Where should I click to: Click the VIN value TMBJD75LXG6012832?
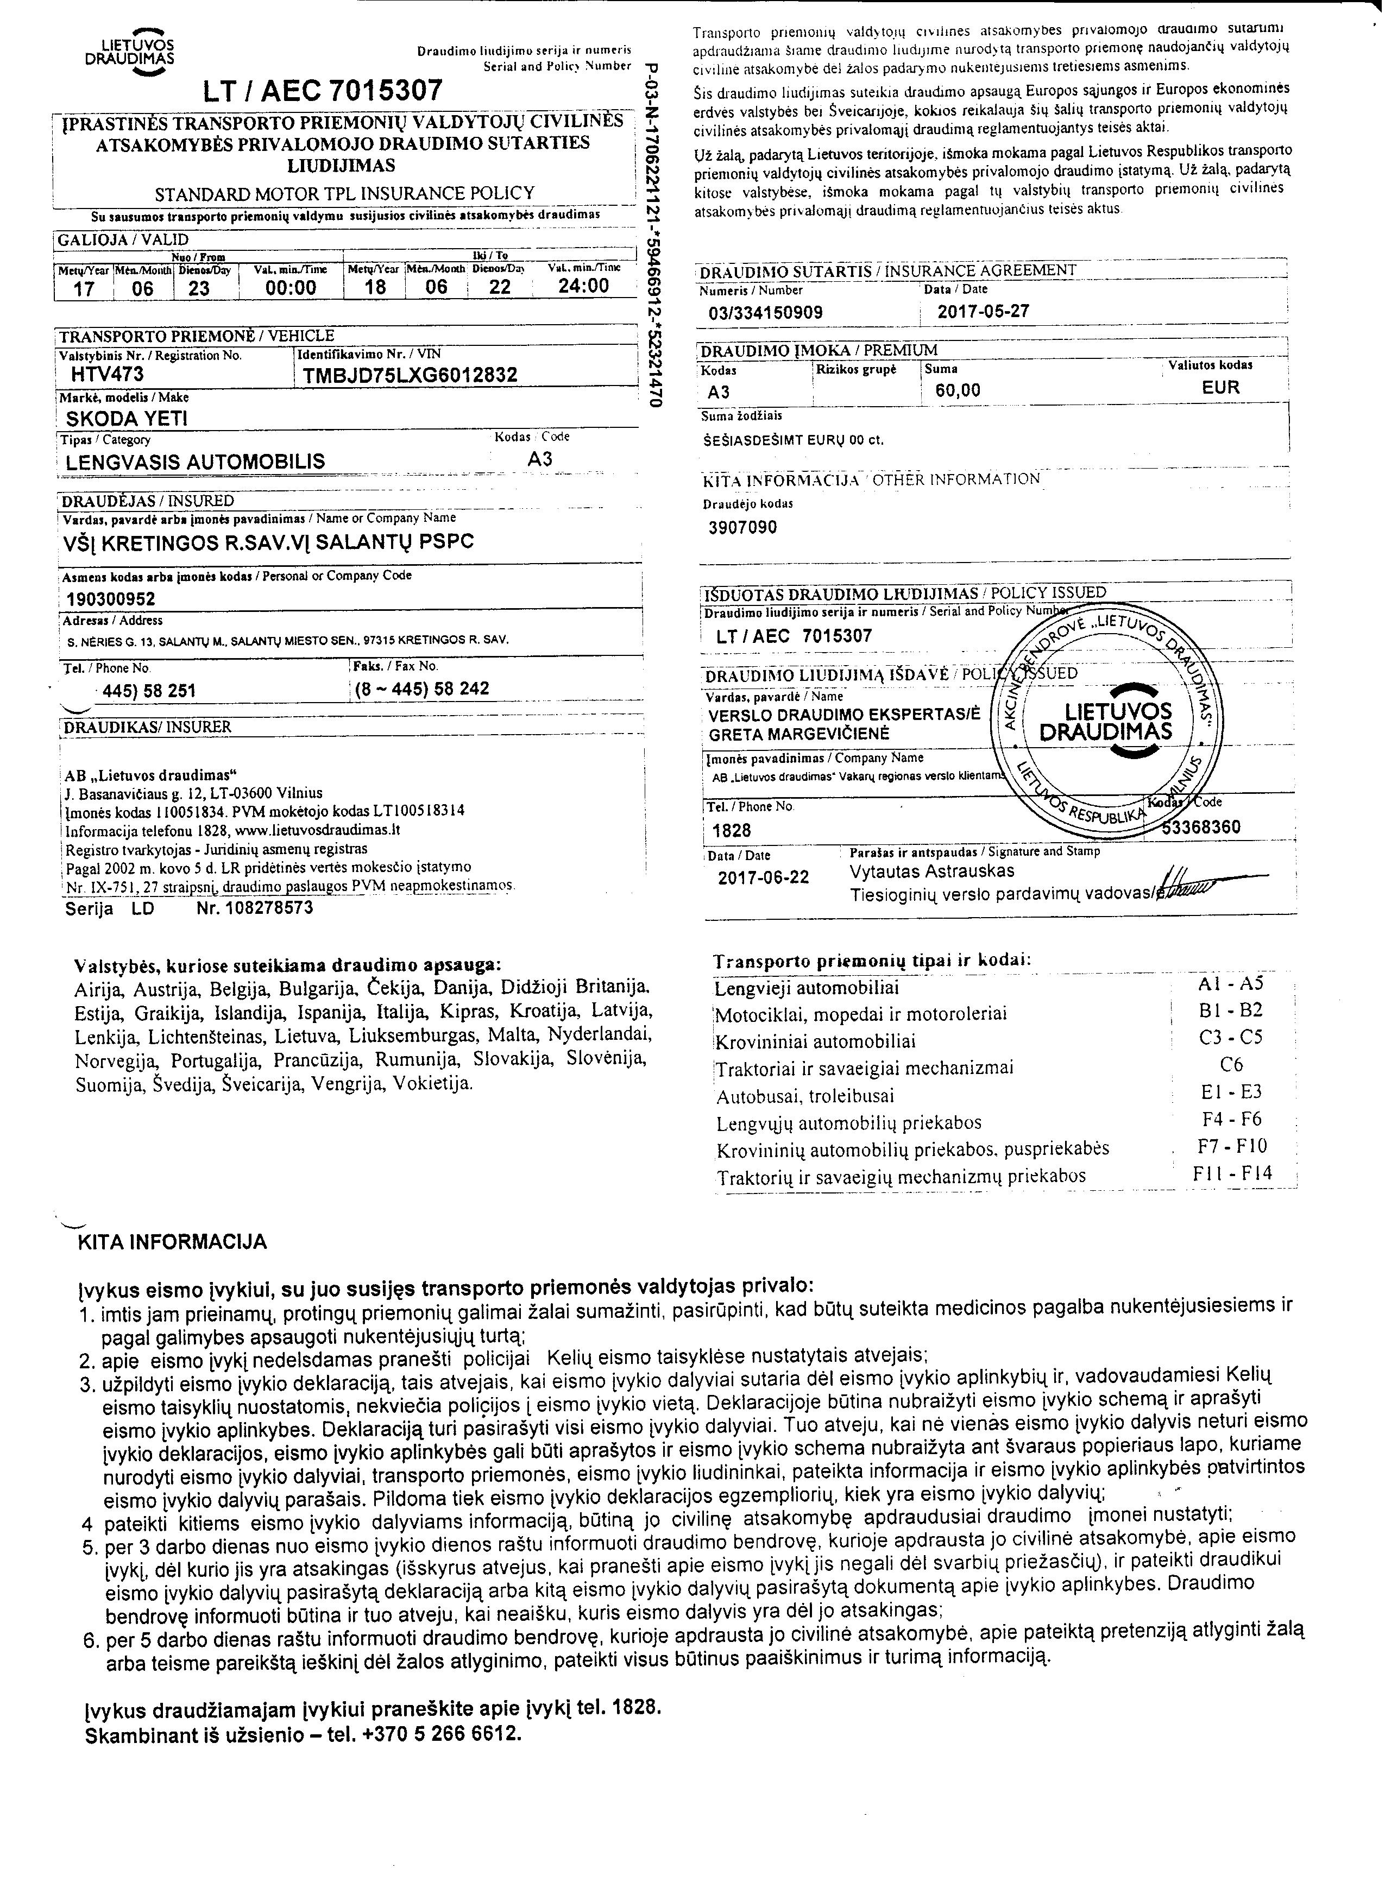coord(410,376)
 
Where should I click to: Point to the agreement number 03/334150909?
coord(765,313)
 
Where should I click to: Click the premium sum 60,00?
coord(958,390)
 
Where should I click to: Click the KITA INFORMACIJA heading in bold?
coord(172,1242)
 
